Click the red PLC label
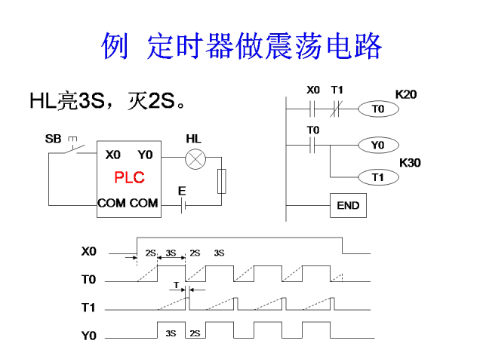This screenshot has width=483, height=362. [x=129, y=178]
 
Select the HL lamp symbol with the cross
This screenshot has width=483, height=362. [x=196, y=158]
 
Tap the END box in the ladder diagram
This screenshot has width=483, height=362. [x=348, y=205]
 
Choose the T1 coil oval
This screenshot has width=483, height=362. [x=377, y=177]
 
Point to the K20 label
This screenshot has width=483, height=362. [x=406, y=94]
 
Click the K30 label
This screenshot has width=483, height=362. [x=409, y=162]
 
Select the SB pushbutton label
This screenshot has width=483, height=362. [x=53, y=139]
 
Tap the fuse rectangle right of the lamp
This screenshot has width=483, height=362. [x=221, y=182]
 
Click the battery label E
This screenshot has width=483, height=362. [x=182, y=192]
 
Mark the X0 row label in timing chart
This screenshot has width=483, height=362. [x=89, y=251]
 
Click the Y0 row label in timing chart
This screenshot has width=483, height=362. [x=89, y=336]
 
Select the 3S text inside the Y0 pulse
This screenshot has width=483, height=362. [x=171, y=333]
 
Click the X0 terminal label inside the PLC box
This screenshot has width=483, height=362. [x=112, y=155]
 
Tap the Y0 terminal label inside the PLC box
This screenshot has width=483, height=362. [x=145, y=155]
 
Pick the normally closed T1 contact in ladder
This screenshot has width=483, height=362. [x=337, y=109]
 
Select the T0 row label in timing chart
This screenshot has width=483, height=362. [x=89, y=280]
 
